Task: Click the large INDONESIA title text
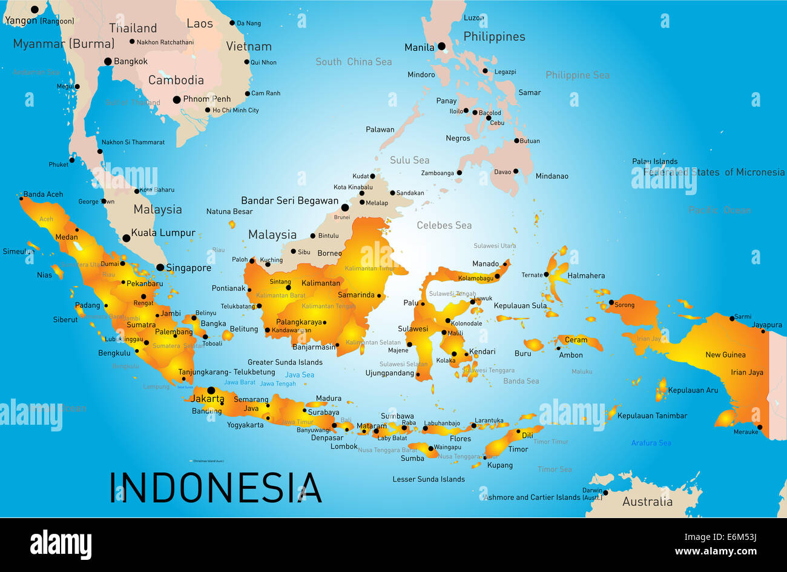click(x=216, y=488)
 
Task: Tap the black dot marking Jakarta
click(x=211, y=390)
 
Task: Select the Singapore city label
click(x=188, y=268)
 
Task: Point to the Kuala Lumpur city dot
click(x=127, y=238)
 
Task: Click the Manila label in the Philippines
click(x=419, y=47)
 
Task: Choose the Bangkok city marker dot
click(x=108, y=61)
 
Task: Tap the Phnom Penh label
click(x=207, y=99)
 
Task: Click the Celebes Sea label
click(x=444, y=225)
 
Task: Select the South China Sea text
click(x=354, y=62)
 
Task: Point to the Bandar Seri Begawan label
click(x=289, y=201)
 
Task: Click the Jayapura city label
click(x=766, y=325)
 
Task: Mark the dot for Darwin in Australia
click(x=605, y=493)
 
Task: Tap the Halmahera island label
click(x=586, y=276)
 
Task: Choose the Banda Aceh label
click(x=43, y=195)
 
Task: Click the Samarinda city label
click(x=356, y=295)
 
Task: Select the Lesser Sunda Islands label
click(x=429, y=479)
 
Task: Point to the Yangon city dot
click(x=35, y=10)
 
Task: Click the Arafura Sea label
click(x=651, y=443)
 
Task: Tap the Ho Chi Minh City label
click(x=235, y=110)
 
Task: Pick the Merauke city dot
click(x=759, y=427)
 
